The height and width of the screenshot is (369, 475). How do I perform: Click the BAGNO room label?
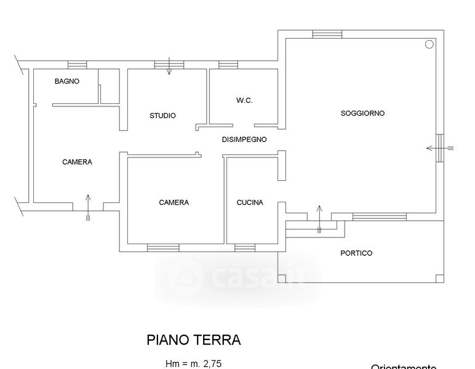67,81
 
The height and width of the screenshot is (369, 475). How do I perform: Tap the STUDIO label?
163,116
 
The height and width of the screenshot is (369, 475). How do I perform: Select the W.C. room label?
245,101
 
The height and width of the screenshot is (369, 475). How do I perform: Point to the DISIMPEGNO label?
244,140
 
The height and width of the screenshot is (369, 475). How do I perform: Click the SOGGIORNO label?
362,113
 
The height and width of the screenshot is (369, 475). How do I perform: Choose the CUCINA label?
250,202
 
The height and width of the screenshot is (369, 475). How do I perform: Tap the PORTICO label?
356,253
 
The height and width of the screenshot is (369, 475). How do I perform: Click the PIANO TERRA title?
194,339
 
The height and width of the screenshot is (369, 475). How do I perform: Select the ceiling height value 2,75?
212,363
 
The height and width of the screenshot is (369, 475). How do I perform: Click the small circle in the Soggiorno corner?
429,44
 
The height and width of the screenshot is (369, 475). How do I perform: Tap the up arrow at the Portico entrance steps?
319,218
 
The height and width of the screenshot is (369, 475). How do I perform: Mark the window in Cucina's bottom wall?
244,247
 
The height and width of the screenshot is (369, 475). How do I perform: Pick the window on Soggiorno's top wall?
327,34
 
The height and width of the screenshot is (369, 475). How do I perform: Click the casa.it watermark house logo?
186,279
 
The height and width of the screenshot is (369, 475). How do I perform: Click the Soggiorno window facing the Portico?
379,216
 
